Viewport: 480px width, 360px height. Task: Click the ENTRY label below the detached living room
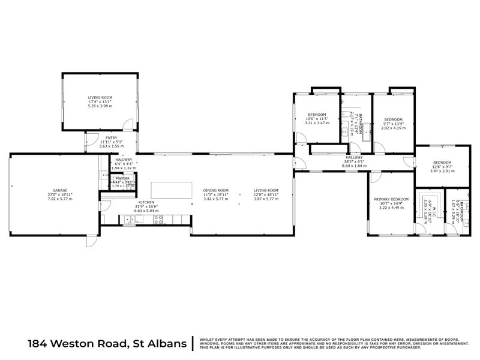tap(112, 137)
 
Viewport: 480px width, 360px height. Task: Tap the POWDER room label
tap(122, 179)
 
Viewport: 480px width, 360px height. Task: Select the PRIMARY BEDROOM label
tap(391, 199)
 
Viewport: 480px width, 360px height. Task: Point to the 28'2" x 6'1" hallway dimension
tap(354, 161)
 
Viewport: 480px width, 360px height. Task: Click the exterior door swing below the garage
tap(91, 241)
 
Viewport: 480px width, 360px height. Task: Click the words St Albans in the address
tap(157, 343)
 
